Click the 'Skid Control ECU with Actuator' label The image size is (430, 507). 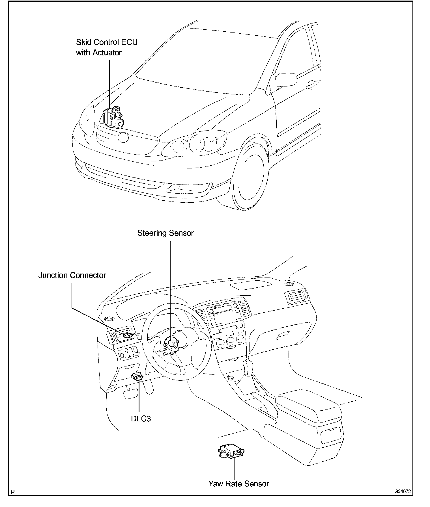(x=107, y=47)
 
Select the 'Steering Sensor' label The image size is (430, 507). (x=165, y=233)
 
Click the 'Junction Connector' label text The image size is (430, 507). (x=72, y=275)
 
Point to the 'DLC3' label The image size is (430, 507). (x=141, y=419)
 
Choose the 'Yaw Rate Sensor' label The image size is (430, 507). (x=238, y=484)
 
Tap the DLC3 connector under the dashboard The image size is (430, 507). (x=138, y=376)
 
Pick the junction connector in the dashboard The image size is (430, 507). (x=128, y=335)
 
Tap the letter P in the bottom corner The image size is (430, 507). (x=12, y=492)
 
